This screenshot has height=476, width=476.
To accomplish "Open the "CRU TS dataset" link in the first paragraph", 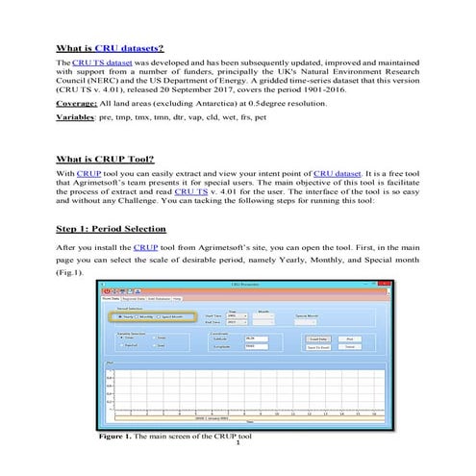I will click(100, 62).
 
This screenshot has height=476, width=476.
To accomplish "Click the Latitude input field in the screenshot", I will click(255, 338).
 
